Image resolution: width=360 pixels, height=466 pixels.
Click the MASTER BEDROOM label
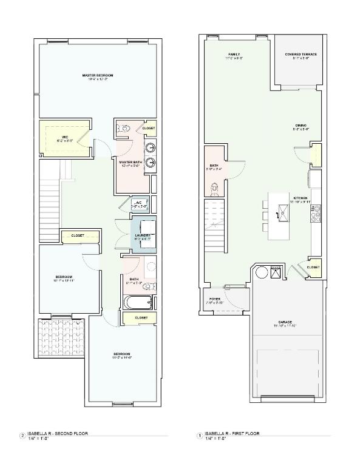pos(98,75)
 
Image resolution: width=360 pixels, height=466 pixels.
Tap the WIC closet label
pos(64,137)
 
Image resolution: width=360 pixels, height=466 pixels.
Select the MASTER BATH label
pos(130,163)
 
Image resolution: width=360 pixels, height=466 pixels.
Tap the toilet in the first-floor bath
pos(214,189)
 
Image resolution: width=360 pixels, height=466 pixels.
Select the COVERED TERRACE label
pos(301,55)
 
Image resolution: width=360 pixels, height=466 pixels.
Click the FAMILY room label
pos(234,55)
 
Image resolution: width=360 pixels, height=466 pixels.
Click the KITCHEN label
pos(301,198)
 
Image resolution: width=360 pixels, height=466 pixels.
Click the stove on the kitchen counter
pos(317,214)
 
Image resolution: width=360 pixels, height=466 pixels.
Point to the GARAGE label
pos(285,322)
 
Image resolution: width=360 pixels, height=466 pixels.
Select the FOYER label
pos(216,299)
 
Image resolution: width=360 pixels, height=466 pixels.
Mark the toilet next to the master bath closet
pos(125,129)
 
